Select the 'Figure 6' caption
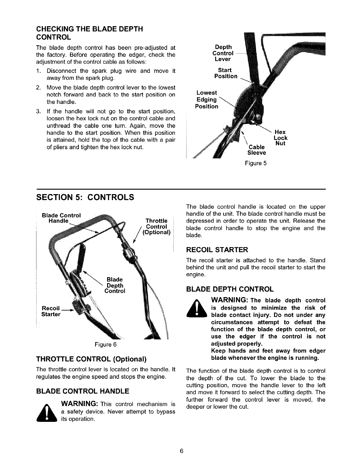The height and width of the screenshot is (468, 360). [x=105, y=344]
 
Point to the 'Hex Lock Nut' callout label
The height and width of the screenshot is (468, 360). [x=281, y=138]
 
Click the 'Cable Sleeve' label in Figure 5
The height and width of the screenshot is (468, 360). [x=256, y=150]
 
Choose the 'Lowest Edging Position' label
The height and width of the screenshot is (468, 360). [x=207, y=99]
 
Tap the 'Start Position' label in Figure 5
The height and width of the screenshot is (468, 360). [x=226, y=73]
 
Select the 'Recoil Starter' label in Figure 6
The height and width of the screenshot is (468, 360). [x=51, y=311]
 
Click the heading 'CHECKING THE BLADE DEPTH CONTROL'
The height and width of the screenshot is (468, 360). [x=89, y=33]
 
